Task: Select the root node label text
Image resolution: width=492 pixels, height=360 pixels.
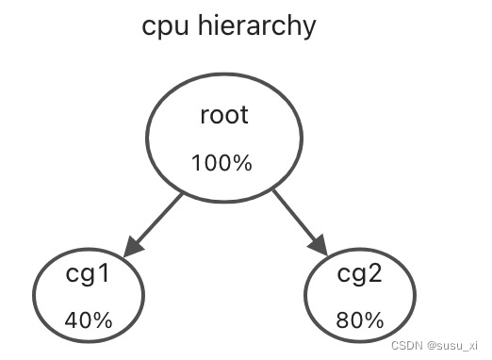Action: [224, 116]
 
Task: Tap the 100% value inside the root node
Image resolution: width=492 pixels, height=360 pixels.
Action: [221, 163]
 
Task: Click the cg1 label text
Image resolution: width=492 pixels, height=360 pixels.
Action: [88, 276]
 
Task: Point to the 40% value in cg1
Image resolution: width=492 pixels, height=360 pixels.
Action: [88, 320]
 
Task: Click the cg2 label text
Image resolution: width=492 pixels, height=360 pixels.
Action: [361, 276]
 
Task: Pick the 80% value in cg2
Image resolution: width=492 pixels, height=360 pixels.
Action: [361, 320]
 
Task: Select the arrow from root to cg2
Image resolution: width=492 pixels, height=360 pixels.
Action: [296, 219]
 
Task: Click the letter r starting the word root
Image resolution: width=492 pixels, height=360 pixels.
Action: [205, 117]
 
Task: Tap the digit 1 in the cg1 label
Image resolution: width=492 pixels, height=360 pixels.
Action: [105, 275]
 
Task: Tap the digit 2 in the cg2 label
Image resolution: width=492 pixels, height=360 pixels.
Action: [379, 275]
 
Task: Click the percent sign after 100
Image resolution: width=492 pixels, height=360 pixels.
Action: [242, 163]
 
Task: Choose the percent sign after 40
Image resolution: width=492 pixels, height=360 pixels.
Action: [102, 320]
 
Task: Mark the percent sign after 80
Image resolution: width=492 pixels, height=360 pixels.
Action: [375, 320]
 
